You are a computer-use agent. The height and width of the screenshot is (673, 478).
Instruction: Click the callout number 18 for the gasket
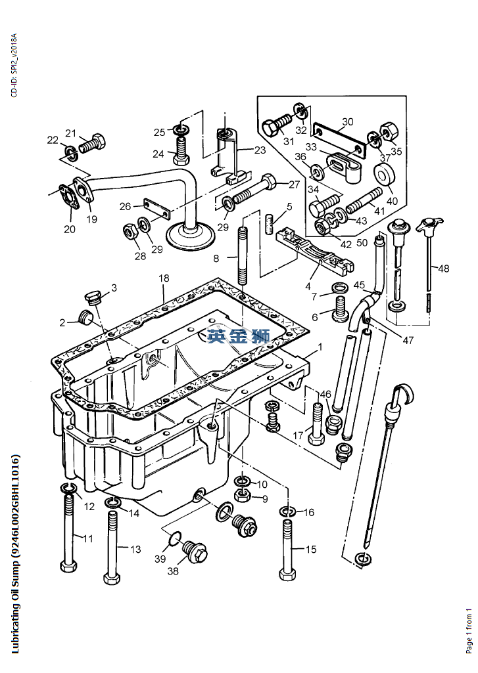tap(164, 280)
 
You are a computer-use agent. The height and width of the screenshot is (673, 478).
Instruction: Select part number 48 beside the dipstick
tap(444, 269)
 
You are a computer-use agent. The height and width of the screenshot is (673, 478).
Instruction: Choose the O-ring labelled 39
tap(172, 540)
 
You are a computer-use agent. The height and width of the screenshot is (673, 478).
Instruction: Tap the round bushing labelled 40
tap(385, 176)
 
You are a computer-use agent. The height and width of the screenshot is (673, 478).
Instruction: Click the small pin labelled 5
tap(269, 223)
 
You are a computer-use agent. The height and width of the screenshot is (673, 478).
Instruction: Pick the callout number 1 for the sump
tap(320, 346)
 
